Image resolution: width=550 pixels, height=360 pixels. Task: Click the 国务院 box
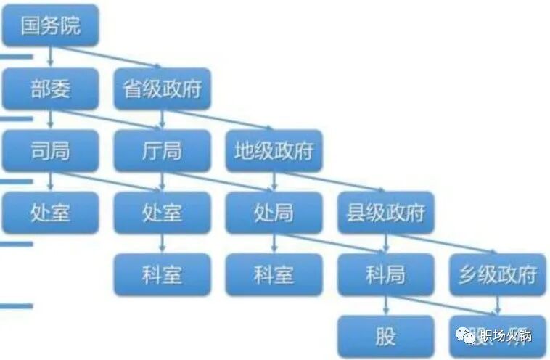pos(50,27)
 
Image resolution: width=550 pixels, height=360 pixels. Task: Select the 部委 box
pos(50,89)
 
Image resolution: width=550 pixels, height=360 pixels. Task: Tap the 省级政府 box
pos(162,89)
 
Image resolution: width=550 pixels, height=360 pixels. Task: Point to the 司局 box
pos(50,150)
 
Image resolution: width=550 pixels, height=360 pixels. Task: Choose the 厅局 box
pos(162,150)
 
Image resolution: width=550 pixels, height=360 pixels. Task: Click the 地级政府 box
pos(274,150)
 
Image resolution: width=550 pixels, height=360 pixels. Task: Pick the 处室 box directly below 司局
pos(50,212)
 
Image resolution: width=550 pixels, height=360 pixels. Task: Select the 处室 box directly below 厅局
pos(162,212)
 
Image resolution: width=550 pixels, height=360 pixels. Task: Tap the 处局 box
pos(274,212)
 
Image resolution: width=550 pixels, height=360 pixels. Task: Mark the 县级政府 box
pos(385,212)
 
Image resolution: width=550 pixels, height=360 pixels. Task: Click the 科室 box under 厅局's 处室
pos(162,274)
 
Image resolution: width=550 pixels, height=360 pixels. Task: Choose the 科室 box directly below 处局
pos(274,274)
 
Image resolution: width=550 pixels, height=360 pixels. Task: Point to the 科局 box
pos(385,274)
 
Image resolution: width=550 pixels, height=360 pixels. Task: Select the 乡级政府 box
pos(497,274)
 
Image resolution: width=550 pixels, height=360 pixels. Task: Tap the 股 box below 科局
pos(385,335)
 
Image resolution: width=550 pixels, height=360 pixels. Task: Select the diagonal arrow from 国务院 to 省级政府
pos(109,58)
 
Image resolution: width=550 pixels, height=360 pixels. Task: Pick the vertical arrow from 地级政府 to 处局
pos(274,181)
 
